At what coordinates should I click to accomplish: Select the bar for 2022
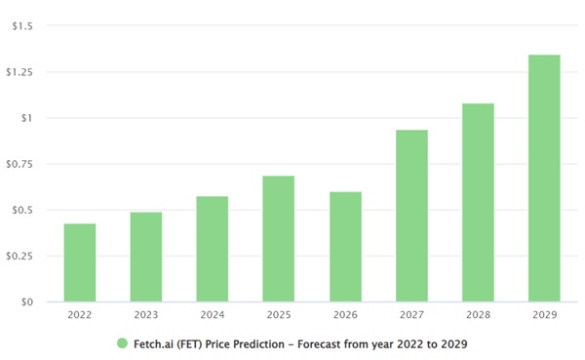(80, 262)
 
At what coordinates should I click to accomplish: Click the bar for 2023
(146, 257)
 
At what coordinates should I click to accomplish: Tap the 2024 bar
(213, 249)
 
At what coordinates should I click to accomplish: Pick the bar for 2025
(279, 239)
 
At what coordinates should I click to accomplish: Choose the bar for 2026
(345, 247)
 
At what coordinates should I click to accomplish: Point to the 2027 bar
(411, 216)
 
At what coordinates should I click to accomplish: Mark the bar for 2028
(478, 202)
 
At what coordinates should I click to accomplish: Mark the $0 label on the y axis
(25, 302)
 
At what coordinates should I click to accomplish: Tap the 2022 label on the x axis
(80, 315)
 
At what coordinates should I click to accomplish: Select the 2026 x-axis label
(345, 315)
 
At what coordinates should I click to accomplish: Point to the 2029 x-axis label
(544, 315)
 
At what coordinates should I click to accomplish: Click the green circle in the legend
(122, 342)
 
